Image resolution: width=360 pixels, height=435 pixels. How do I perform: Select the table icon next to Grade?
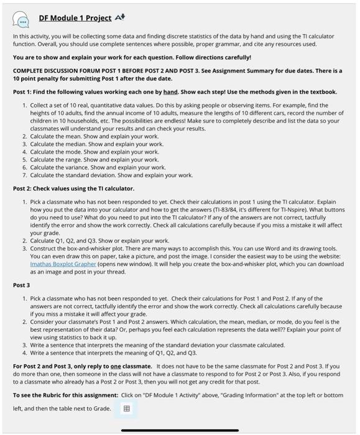127,408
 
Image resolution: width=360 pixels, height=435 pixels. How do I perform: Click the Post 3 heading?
21,285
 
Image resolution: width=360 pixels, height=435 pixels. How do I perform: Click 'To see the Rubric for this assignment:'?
65,395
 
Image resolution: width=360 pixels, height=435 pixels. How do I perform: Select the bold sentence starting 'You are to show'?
124,57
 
